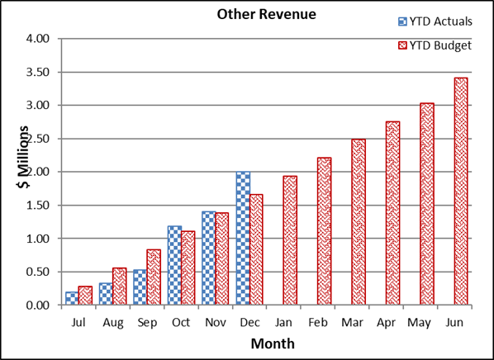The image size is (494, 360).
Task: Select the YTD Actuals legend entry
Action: coord(435,21)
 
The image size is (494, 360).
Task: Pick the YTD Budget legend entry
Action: coord(435,45)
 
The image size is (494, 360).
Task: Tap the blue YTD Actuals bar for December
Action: coord(242,238)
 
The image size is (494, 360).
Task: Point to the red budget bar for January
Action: coord(290,240)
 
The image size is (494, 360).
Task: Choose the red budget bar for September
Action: coord(154,277)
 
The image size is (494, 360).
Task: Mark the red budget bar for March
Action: coord(358,222)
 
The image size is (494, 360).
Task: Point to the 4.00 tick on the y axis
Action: coord(39,39)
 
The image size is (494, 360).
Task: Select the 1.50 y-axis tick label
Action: coord(39,206)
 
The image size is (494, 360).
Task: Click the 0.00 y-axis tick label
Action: coord(39,306)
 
